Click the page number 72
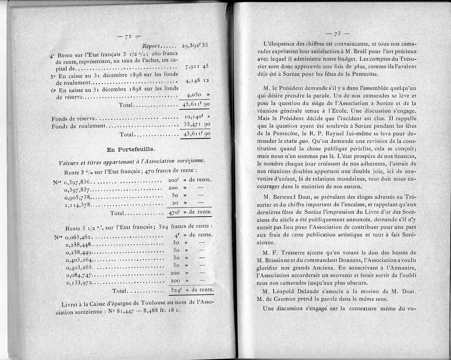pyautogui.click(x=126, y=36)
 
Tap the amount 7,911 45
pyautogui.click(x=197, y=67)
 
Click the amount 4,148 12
pyautogui.click(x=197, y=81)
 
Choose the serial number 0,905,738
pyautogui.click(x=78, y=197)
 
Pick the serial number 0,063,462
pyautogui.click(x=79, y=237)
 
